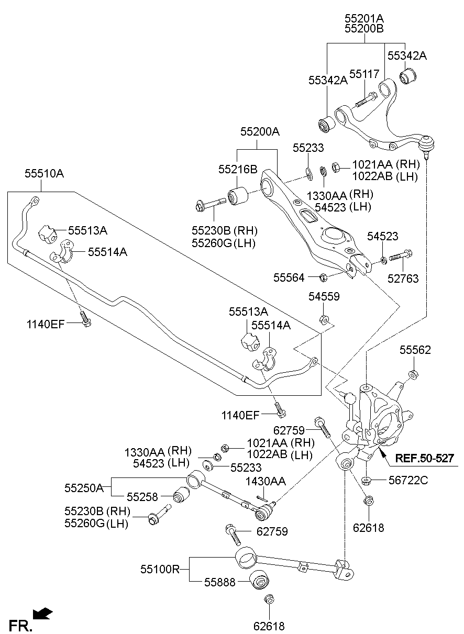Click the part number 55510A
coord(45,173)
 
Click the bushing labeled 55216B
coord(239,195)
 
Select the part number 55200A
coord(260,132)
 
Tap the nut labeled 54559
coord(324,319)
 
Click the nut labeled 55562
coord(413,374)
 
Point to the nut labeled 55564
coord(324,277)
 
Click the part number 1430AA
coord(266,481)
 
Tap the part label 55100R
coord(160,569)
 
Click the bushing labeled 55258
coord(181,494)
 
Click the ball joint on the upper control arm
coord(428,142)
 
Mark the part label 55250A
coord(84,488)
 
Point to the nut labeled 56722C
coord(367,479)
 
